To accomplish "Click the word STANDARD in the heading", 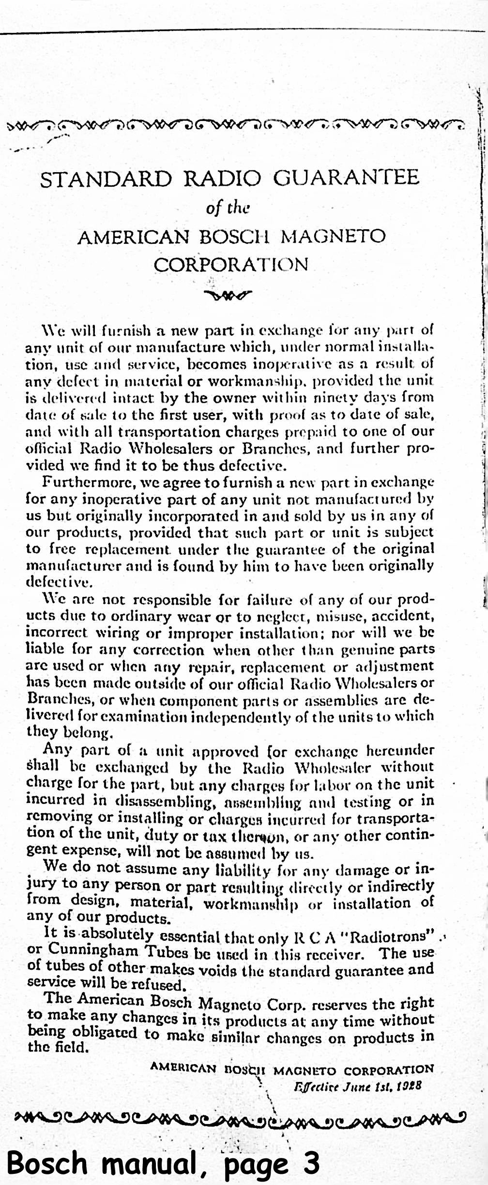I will (105, 179).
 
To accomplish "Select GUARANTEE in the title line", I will (346, 178).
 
